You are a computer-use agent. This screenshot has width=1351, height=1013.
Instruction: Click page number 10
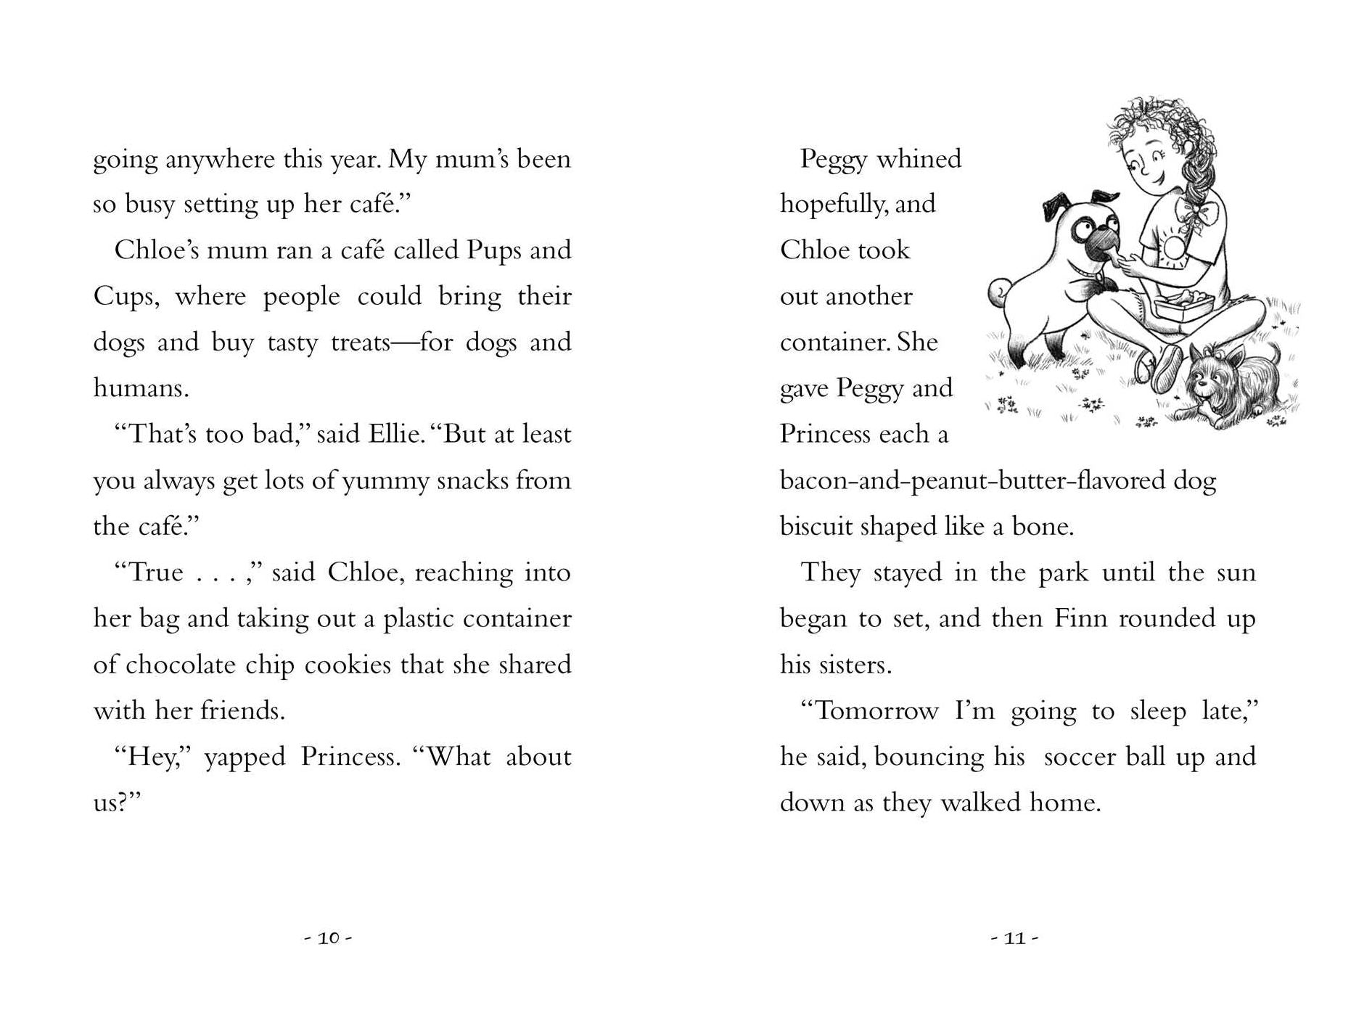(328, 938)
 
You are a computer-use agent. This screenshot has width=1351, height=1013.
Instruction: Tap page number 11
(1014, 938)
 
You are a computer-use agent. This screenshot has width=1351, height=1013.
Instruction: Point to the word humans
(141, 388)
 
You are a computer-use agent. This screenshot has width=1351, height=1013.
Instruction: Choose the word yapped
(245, 757)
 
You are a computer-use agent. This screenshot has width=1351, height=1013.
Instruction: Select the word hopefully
(833, 205)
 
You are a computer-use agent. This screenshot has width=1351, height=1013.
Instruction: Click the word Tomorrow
(877, 710)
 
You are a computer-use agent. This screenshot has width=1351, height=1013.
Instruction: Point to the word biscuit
(816, 526)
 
